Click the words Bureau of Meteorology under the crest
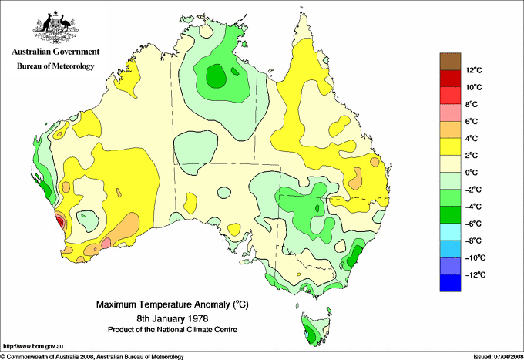(x=55, y=66)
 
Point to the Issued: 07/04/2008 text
(x=494, y=355)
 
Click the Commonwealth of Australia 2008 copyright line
(x=92, y=355)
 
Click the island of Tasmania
(x=311, y=328)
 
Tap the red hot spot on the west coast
(x=60, y=223)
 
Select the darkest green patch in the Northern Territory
(x=217, y=76)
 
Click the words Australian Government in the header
(x=55, y=52)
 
